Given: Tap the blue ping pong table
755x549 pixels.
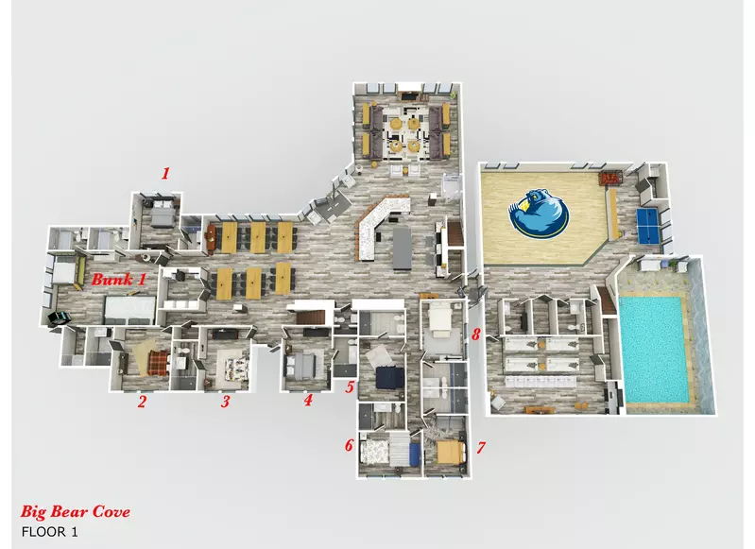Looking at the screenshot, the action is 650,226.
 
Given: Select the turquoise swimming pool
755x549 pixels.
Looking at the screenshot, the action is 653,350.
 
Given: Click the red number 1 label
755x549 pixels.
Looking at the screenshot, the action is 165,173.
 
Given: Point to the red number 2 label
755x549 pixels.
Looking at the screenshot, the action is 141,402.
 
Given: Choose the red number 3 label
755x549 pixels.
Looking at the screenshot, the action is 225,402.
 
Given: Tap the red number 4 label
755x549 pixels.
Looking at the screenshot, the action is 308,399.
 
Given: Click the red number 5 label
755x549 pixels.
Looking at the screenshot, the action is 350,387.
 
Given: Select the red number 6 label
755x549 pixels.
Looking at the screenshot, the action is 349,445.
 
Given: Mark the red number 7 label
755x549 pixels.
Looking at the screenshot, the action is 481,448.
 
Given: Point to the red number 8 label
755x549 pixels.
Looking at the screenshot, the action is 475,335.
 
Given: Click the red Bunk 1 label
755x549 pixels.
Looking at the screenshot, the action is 118,280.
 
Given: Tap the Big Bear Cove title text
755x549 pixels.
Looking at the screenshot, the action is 75,511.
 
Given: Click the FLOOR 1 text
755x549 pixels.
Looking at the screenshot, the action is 49,532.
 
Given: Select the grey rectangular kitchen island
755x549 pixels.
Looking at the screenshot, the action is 402,249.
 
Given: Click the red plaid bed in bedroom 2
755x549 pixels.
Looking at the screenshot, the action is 158,362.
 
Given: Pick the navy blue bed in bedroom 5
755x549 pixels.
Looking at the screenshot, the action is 389,377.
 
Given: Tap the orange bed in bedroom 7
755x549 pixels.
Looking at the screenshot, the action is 451,453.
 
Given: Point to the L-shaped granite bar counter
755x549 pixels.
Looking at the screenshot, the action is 380,226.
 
